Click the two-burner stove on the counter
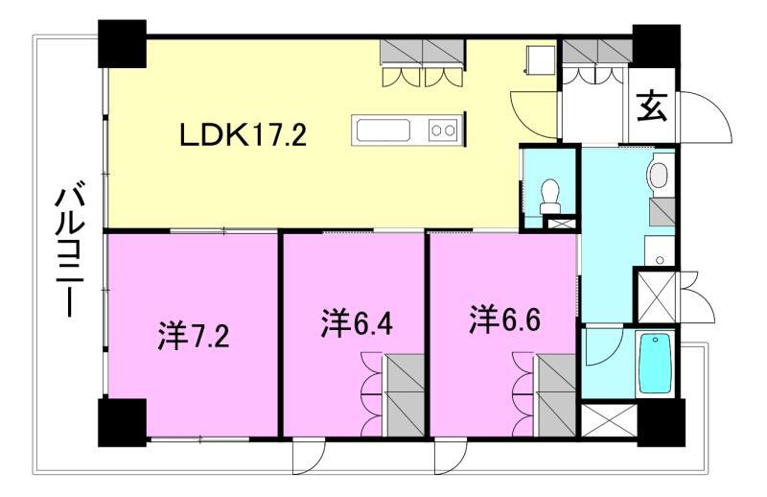click(443, 129)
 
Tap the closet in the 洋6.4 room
click(406, 393)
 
